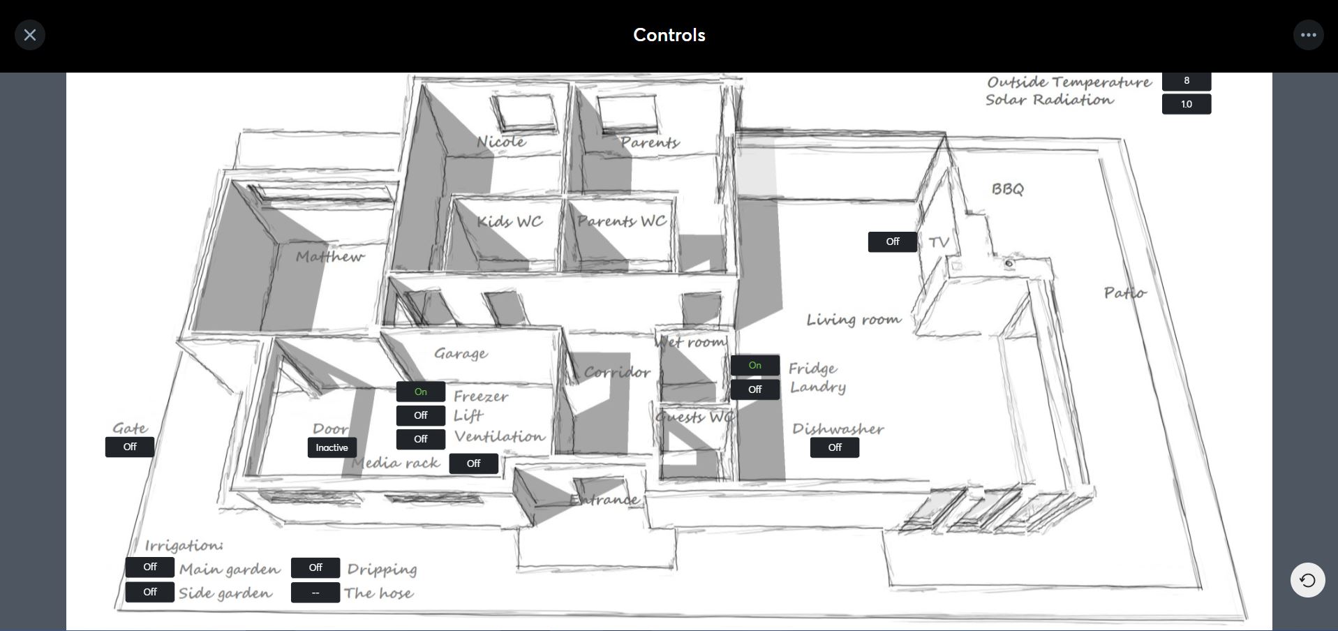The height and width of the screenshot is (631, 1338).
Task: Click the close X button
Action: click(30, 35)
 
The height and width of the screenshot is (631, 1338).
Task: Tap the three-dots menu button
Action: click(1308, 35)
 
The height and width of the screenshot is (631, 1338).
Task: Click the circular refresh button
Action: click(1307, 580)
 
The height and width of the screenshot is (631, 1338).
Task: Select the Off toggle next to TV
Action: click(893, 242)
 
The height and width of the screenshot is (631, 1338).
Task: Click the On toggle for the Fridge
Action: click(755, 365)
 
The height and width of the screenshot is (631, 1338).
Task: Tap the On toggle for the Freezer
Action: click(421, 392)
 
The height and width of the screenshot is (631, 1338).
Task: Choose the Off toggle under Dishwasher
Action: click(835, 447)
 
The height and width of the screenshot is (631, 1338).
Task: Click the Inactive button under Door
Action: click(332, 447)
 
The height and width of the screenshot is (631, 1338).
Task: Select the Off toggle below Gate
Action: click(130, 447)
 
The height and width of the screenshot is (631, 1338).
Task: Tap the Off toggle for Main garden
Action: click(150, 567)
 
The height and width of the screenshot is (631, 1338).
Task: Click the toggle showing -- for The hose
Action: click(315, 593)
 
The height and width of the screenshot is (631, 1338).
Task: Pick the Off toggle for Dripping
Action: click(315, 567)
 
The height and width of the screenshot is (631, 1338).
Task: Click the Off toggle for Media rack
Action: click(474, 463)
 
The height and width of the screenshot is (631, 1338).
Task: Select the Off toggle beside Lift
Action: click(421, 415)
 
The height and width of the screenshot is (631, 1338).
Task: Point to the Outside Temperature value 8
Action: click(1187, 81)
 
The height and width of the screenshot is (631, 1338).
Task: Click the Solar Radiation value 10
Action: click(1187, 104)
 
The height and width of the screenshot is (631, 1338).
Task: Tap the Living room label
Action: click(854, 320)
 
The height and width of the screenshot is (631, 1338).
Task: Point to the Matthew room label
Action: click(329, 256)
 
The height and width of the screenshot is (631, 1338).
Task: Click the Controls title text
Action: click(669, 35)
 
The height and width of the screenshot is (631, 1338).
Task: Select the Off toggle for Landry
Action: click(755, 389)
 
